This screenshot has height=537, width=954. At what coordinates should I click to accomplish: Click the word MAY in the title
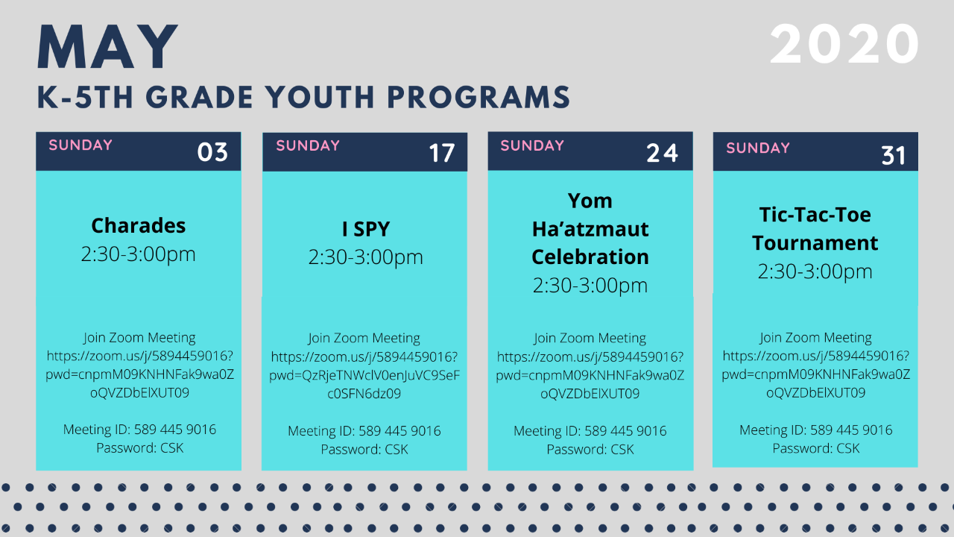point(107,46)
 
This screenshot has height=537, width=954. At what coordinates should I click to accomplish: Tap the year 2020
point(844,44)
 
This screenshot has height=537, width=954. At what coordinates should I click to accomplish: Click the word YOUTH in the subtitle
point(320,97)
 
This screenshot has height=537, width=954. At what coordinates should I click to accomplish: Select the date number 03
point(212,152)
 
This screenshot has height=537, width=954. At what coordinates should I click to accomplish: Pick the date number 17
point(442,153)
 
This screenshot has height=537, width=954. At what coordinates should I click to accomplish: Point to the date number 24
point(663,153)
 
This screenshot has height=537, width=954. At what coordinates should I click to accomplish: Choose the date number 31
point(894,156)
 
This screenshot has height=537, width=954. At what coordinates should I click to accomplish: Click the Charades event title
point(139,225)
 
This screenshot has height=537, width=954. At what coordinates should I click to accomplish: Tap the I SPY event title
point(366,229)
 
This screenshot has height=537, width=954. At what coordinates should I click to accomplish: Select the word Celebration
point(590,257)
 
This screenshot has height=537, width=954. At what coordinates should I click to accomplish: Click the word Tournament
point(815,243)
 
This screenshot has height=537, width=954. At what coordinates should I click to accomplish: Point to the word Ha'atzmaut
point(590,229)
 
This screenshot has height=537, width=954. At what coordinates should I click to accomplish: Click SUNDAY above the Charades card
point(80,145)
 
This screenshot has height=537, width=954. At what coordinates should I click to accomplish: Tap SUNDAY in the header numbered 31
point(758,148)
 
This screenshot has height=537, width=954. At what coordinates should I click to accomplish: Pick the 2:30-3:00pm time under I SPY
point(366,257)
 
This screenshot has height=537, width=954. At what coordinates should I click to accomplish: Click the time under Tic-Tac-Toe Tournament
point(815,271)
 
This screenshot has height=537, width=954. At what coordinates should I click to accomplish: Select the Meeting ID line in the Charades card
point(139,429)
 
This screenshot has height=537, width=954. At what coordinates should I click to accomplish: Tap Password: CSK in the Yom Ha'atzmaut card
point(590,449)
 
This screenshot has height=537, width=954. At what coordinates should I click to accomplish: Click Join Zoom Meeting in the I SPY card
point(364,338)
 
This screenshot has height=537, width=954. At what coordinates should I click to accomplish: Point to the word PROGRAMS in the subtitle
point(478,97)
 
